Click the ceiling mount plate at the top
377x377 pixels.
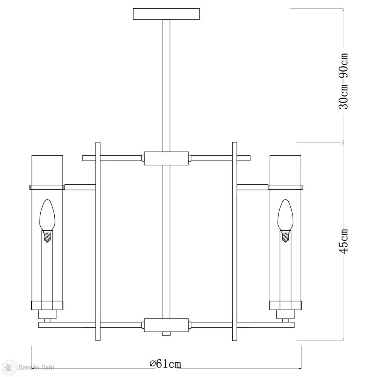pos(166,14)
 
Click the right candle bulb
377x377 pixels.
pos(285,215)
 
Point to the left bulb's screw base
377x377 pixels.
pos(47,236)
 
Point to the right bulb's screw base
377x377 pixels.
pos(286,236)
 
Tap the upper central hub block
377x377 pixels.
pos(166,158)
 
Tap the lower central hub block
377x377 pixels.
pos(166,325)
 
